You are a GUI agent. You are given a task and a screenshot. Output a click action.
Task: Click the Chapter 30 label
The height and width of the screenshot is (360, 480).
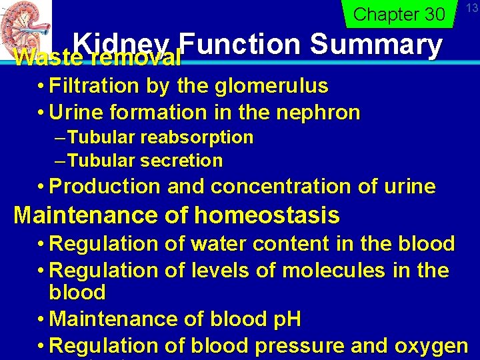coord(399,14)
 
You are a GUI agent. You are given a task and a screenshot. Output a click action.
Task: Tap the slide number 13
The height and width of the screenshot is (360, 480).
coord(471,8)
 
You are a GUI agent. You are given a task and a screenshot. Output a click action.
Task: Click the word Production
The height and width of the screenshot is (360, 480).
coord(105,187)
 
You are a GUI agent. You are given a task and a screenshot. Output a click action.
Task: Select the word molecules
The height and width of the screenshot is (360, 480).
coord(333,271)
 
